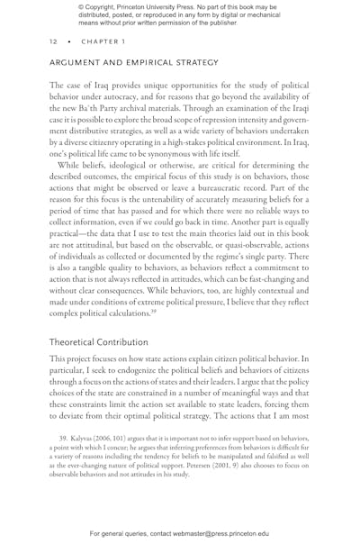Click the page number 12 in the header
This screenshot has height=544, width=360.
(x=52, y=41)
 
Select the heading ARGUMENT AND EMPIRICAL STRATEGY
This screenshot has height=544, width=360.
(x=133, y=63)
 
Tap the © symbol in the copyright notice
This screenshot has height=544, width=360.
(x=82, y=6)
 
